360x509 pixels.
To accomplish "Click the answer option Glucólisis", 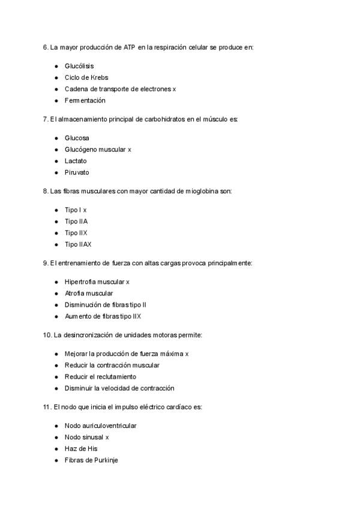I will point(79,66).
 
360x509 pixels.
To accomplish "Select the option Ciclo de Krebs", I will point(86,77).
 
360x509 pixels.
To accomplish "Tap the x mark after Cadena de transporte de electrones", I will point(174,89).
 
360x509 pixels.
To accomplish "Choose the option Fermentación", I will point(85,100).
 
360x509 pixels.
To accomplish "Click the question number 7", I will point(45,119).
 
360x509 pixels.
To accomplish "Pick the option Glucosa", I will point(77,138).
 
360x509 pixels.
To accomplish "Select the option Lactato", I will point(76,161).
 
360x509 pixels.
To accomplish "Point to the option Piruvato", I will point(77,172).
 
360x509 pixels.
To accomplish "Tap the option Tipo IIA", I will point(76,221).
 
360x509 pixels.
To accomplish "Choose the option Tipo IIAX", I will point(78,244).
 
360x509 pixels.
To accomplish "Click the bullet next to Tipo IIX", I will point(56,233).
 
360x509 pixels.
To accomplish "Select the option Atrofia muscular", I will point(88,293).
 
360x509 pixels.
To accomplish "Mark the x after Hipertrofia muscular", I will point(128,282).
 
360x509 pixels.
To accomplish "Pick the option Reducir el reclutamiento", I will point(100,376).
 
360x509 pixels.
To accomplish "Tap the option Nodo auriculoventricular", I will point(100,426).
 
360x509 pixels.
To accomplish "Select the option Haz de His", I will point(81,448).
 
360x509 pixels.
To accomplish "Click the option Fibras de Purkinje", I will point(91,460).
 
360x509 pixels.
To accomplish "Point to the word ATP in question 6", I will point(129,47).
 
